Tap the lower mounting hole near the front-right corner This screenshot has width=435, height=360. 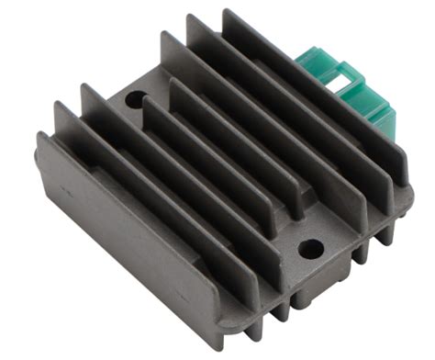pyautogui.click(x=310, y=247)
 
